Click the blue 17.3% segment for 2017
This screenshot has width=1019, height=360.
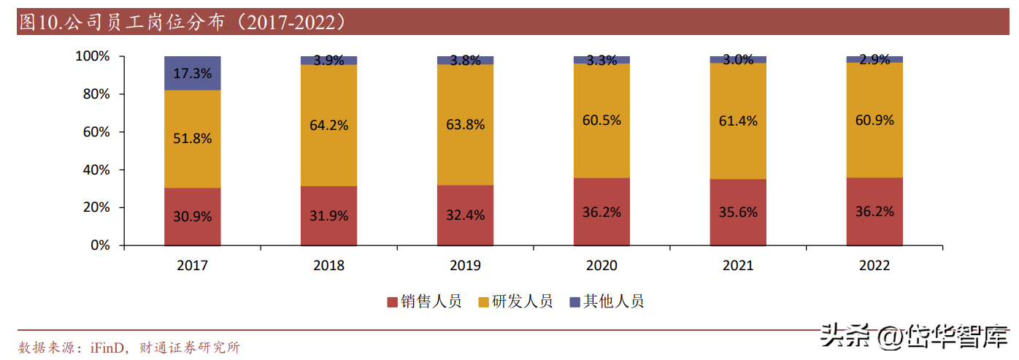(193, 73)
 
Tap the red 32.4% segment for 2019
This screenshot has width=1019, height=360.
(465, 215)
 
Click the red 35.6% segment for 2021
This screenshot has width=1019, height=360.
(738, 212)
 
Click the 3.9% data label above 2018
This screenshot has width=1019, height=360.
(329, 61)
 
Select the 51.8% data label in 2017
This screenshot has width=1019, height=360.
(193, 138)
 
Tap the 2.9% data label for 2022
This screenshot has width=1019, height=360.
(874, 61)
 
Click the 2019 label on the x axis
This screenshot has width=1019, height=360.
(465, 266)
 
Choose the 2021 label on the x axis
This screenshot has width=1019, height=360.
(738, 266)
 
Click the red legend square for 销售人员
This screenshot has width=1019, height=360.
(392, 302)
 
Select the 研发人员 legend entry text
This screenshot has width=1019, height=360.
(523, 302)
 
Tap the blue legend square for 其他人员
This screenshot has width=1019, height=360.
(574, 302)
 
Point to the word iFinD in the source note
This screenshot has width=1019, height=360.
(109, 348)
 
